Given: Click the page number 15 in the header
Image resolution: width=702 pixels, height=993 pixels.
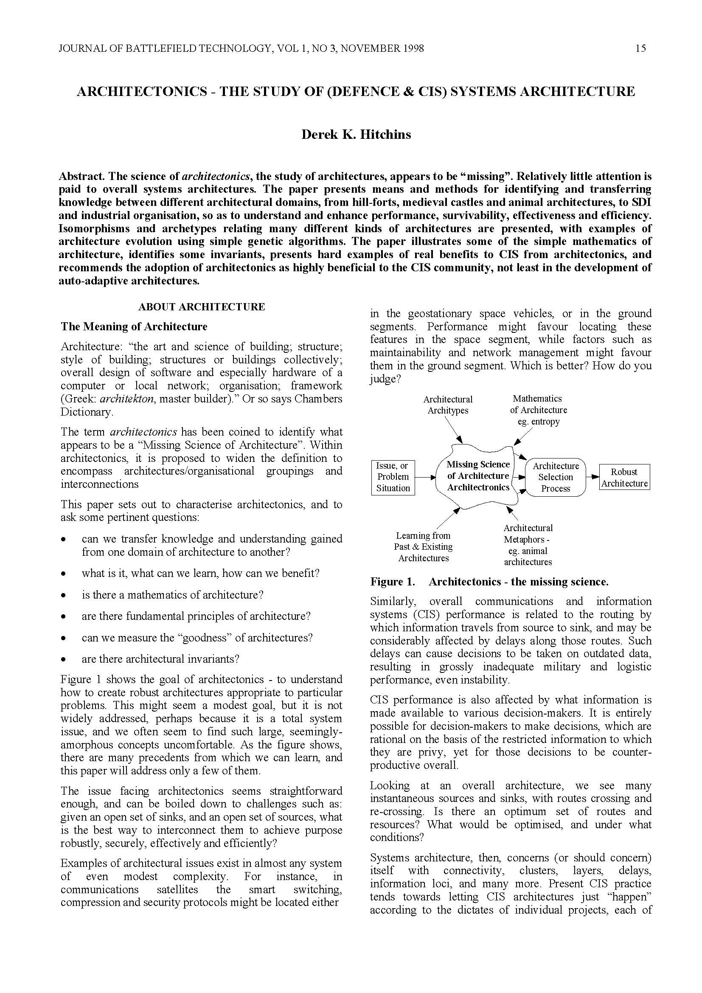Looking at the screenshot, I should point(640,48).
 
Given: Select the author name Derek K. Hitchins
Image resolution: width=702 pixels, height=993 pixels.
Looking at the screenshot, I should point(356,135).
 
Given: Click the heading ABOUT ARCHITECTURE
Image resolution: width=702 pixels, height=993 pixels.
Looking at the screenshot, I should point(202,307).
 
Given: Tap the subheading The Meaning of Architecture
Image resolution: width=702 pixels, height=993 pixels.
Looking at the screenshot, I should point(134,326).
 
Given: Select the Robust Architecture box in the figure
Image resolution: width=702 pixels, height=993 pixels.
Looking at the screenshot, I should point(624,478).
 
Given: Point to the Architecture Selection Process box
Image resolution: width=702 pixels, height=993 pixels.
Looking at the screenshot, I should point(555,477).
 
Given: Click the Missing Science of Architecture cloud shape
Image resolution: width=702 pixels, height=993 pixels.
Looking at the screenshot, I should point(477,476).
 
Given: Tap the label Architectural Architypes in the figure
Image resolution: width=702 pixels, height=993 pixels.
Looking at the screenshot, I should point(448,405).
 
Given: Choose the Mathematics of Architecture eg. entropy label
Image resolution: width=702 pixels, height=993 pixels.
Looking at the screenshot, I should point(538,410).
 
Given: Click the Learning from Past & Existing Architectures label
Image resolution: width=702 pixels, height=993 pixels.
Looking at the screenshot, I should point(423,547).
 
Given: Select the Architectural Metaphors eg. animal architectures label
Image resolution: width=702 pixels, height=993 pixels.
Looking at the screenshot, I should point(528,545).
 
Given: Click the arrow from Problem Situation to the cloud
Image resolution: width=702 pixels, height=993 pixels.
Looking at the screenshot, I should point(425,478).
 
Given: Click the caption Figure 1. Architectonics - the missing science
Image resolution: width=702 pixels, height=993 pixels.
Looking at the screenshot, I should point(489,582).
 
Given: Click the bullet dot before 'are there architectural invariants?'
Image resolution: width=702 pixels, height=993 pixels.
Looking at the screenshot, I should point(64,659).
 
